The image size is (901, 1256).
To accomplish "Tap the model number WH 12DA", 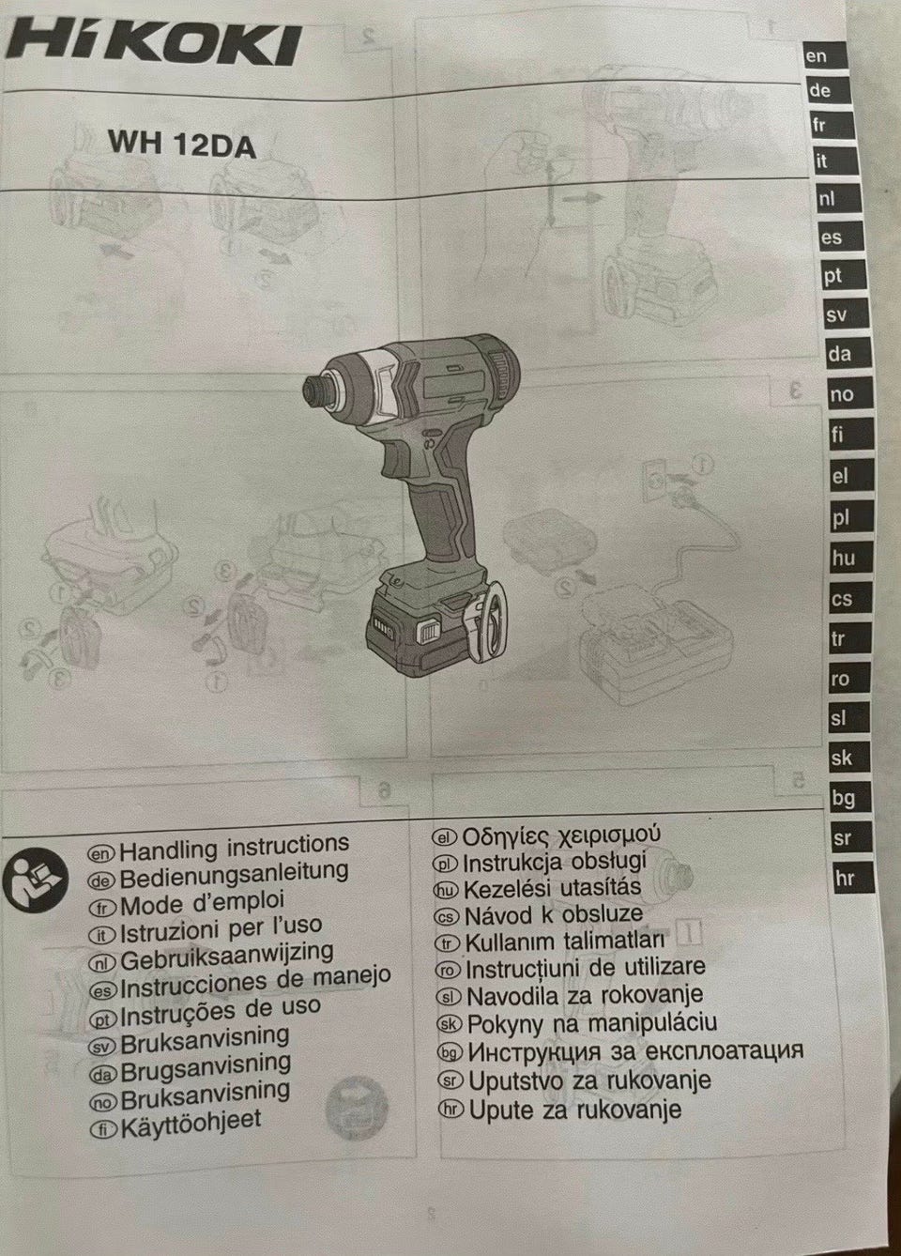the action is coord(182,144).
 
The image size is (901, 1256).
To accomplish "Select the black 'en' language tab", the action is coord(824,56).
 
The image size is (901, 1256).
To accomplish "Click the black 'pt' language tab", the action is coord(841,277).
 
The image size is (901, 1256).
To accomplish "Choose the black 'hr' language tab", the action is coord(852,879).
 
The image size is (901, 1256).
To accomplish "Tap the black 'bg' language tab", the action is coord(850,798).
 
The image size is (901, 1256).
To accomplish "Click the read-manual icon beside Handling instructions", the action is coord(36,880).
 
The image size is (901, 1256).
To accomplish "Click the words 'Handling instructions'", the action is coord(235,850).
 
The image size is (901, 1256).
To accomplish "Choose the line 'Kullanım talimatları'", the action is coord(565,942).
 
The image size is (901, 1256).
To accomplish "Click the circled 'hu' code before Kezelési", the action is coord(448,889).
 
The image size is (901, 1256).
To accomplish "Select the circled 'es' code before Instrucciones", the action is coord(102,991).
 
